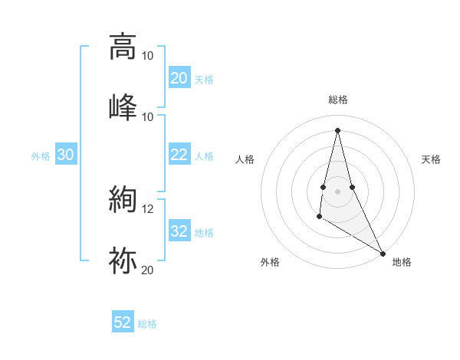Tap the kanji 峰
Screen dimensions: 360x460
(123, 105)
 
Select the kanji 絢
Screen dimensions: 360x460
(123, 200)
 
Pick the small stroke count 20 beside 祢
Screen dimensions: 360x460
(147, 270)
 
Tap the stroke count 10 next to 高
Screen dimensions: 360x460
(147, 56)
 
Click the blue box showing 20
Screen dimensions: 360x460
(179, 78)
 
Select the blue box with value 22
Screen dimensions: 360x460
(179, 155)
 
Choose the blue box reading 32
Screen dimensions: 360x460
(179, 231)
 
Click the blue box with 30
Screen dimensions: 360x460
(66, 155)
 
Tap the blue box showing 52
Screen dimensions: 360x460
(123, 322)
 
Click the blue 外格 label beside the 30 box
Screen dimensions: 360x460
(41, 156)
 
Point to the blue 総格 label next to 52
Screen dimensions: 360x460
(147, 324)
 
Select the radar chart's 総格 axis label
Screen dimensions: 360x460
(337, 100)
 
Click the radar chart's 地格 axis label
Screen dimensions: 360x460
(402, 262)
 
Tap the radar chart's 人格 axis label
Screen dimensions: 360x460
(245, 159)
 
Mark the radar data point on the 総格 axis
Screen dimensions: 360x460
(337, 130)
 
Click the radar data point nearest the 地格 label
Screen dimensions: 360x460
(383, 253)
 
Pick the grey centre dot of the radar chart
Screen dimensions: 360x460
(337, 191)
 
